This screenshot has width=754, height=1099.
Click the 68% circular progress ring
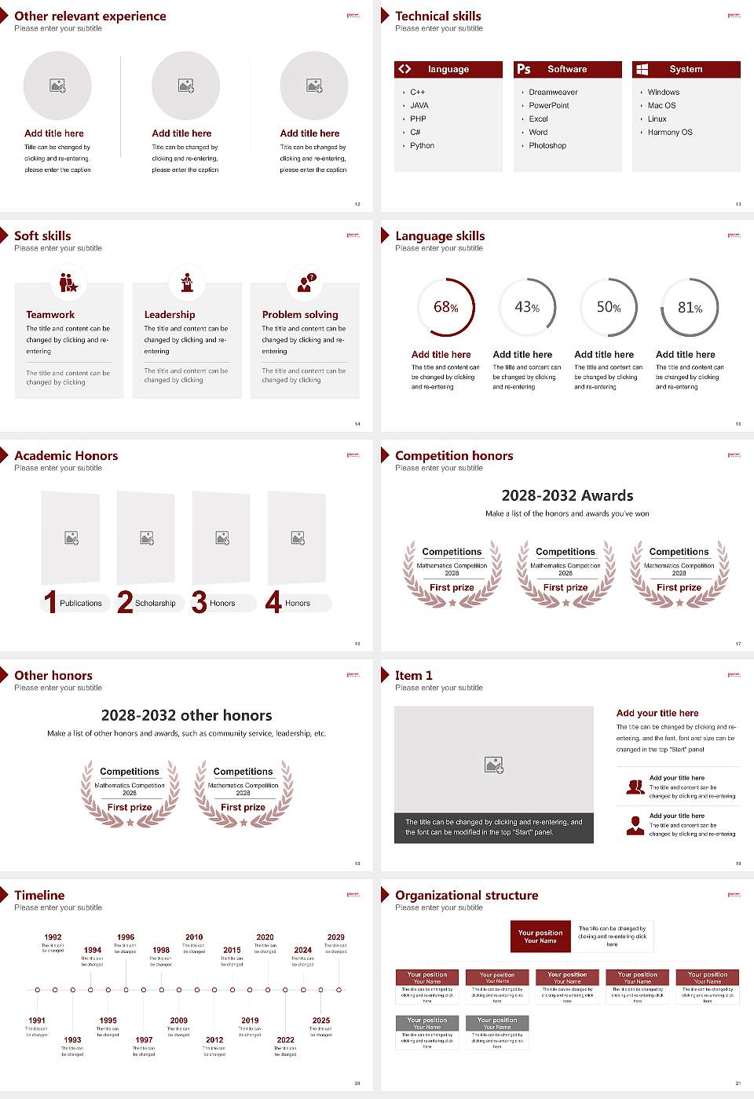click(x=446, y=307)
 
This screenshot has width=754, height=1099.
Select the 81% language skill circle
click(x=690, y=307)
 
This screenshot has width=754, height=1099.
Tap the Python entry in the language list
click(x=422, y=146)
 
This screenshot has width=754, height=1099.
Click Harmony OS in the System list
click(x=670, y=133)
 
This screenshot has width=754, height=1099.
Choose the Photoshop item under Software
click(x=547, y=146)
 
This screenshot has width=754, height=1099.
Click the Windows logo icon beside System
click(x=642, y=69)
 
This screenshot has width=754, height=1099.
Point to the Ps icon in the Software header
click(x=524, y=69)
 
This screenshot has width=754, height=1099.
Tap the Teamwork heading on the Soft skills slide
click(x=50, y=315)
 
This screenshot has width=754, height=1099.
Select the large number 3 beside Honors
click(x=199, y=602)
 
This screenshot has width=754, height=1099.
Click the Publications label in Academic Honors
click(x=81, y=604)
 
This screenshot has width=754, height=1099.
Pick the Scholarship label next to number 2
click(x=155, y=604)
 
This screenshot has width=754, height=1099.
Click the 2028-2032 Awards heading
click(x=567, y=495)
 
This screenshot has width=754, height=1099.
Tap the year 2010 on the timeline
click(x=194, y=937)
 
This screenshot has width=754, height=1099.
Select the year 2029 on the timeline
click(x=335, y=937)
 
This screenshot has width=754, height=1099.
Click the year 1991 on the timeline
click(x=37, y=1021)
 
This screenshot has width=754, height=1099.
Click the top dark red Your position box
click(x=540, y=937)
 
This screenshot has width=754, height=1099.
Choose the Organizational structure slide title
click(x=467, y=896)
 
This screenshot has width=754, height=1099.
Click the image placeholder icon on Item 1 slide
click(x=494, y=764)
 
